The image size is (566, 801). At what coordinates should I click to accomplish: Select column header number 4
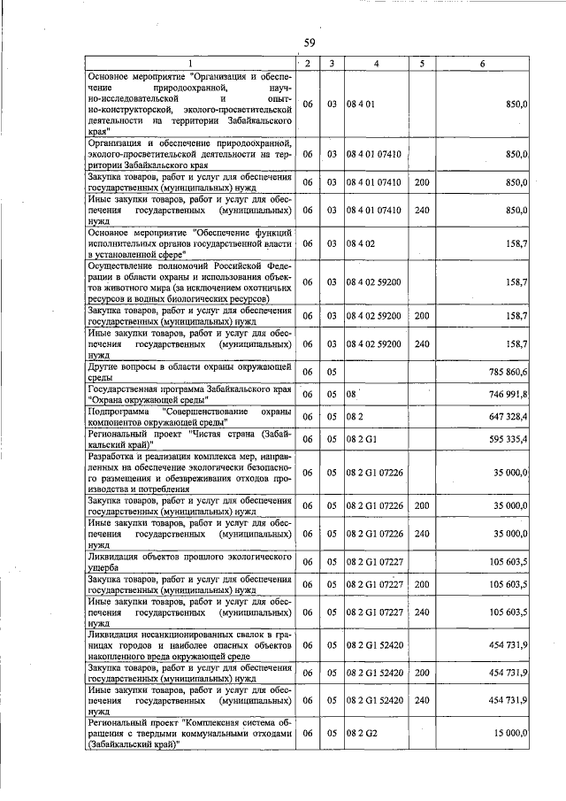pyautogui.click(x=376, y=63)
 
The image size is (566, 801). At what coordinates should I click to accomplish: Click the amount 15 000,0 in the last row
pyautogui.click(x=509, y=734)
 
